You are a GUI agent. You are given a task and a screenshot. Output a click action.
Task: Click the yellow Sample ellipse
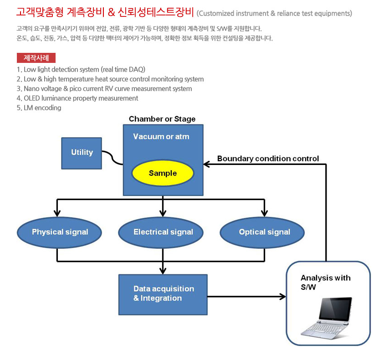pyautogui.click(x=163, y=173)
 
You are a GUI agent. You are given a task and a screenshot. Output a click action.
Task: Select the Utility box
pyautogui.click(x=82, y=153)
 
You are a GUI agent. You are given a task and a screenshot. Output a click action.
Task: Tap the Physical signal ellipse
pyautogui.click(x=60, y=232)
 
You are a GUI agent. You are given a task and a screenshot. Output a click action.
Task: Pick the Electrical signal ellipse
pyautogui.click(x=163, y=232)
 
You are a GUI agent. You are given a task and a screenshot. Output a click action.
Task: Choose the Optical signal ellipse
pyautogui.click(x=264, y=232)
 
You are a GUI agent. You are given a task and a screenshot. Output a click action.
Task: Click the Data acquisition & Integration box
pyautogui.click(x=163, y=294)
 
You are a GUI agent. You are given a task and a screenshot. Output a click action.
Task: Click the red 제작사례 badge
pyautogui.click(x=36, y=58)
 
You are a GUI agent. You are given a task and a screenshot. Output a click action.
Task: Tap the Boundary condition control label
pyautogui.click(x=268, y=159)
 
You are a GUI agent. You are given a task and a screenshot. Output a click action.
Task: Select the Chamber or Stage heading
pyautogui.click(x=162, y=119)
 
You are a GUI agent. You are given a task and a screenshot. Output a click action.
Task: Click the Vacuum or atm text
pyautogui.click(x=161, y=137)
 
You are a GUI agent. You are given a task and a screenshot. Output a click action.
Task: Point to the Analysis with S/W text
pyautogui.click(x=325, y=283)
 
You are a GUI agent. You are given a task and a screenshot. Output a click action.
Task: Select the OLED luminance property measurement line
pyautogui.click(x=77, y=98)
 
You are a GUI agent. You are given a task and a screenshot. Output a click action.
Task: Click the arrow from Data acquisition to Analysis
pyautogui.click(x=246, y=297)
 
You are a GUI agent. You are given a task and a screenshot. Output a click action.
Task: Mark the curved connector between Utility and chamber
pyautogui.click(x=112, y=158)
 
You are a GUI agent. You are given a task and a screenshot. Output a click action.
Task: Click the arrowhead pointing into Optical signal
pyautogui.click(x=264, y=213)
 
